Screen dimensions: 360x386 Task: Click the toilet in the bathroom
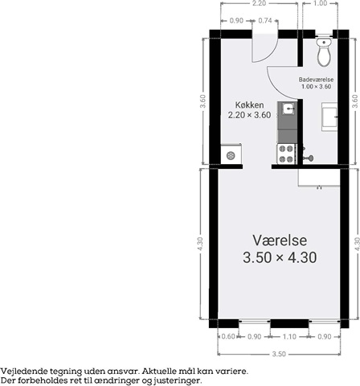324,51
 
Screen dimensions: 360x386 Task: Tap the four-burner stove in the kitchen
286,154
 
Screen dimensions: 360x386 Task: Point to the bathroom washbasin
329,117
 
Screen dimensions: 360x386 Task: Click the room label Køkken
249,105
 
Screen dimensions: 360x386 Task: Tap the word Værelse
280,240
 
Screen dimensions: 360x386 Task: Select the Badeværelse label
316,80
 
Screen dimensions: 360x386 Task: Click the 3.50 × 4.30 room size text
280,257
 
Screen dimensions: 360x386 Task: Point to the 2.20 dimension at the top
259,3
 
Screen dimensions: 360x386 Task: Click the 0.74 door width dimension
265,21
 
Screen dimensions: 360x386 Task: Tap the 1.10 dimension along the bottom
289,336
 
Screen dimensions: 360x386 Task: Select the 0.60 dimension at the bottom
228,336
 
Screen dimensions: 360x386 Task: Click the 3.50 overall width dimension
279,354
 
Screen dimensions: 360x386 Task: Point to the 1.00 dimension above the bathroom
320,3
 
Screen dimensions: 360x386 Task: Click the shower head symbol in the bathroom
309,158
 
